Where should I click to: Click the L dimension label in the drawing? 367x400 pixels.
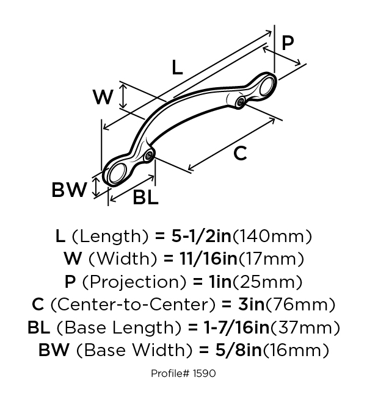(176, 68)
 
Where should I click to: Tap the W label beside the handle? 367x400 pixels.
(104, 96)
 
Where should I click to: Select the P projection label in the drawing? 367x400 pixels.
(288, 43)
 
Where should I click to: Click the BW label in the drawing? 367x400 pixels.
(69, 190)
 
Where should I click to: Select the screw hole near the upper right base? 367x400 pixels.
(242, 101)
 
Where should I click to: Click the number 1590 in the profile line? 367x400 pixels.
(203, 373)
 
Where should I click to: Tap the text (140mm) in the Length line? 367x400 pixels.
(274, 236)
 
